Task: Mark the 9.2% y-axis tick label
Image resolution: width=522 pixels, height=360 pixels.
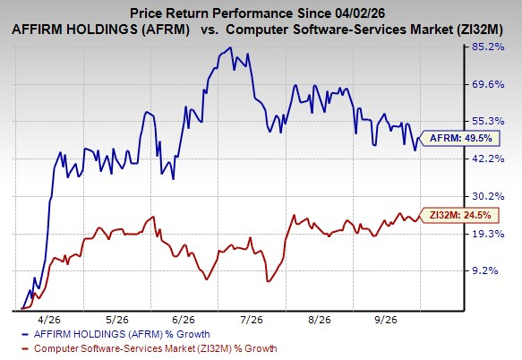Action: [485, 270]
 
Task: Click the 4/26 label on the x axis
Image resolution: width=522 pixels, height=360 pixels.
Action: [49, 320]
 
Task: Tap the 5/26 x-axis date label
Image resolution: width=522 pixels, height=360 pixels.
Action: [117, 320]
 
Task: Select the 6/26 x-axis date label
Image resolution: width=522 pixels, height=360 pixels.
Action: [184, 320]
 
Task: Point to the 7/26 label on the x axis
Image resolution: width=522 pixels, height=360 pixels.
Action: [252, 320]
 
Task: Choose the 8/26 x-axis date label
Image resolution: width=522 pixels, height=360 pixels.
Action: [320, 320]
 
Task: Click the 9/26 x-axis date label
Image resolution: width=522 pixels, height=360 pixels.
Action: [386, 320]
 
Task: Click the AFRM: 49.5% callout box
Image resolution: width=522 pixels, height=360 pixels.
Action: [460, 138]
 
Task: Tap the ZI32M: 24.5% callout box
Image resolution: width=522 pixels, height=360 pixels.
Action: [459, 216]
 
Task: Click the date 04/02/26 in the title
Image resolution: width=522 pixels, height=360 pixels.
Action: [358, 13]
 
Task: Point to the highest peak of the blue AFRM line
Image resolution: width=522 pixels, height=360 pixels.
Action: [230, 47]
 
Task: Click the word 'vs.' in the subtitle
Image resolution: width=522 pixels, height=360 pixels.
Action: [210, 30]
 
